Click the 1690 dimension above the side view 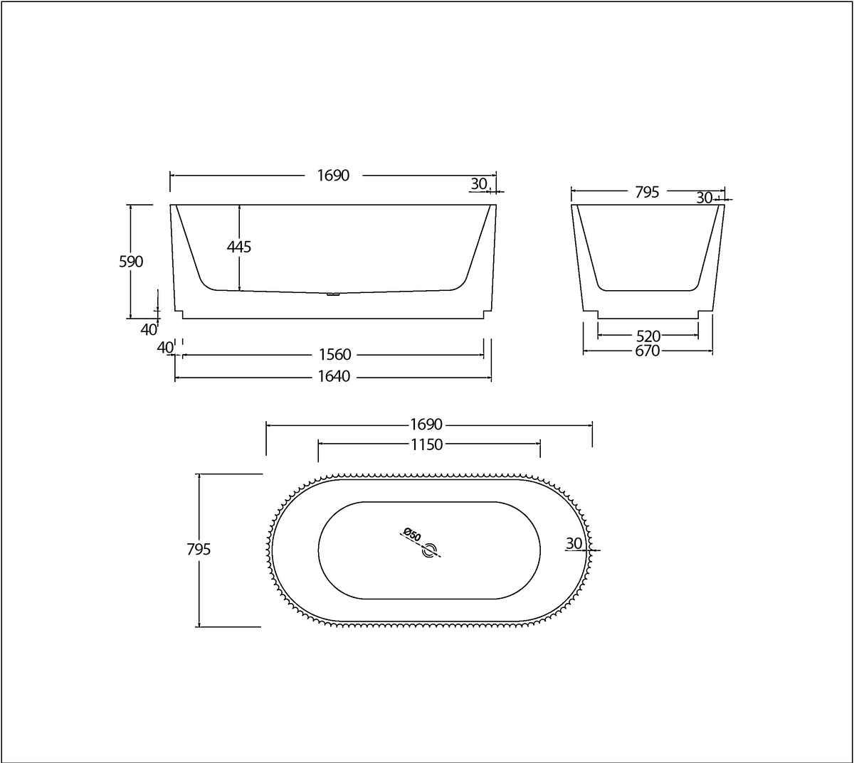pos(333,175)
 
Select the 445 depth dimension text pos(239,247)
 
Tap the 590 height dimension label pos(131,262)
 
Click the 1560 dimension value pos(333,355)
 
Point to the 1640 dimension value pos(333,377)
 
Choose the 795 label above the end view pos(647,192)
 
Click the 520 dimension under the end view pos(648,336)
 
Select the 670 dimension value pos(648,351)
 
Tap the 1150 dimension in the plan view pos(427,444)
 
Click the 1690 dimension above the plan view pos(427,425)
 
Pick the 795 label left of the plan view pos(199,550)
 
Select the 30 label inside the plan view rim pos(574,543)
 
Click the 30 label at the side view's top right pos(479,184)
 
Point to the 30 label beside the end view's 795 pos(705,198)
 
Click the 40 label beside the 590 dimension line pos(148,329)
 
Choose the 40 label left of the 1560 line pos(165,347)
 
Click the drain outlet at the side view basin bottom pos(332,294)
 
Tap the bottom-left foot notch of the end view pos(590,314)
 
